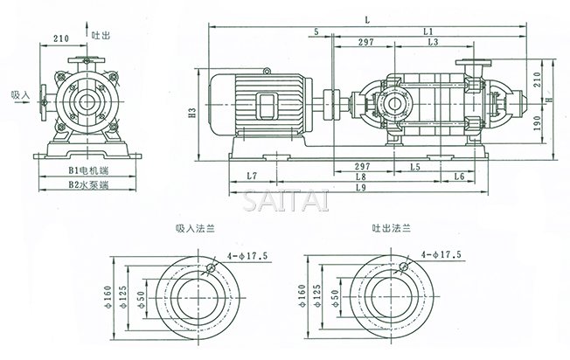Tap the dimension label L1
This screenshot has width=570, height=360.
428,31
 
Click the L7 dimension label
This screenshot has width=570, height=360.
252,176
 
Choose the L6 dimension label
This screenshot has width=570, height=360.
458,176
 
